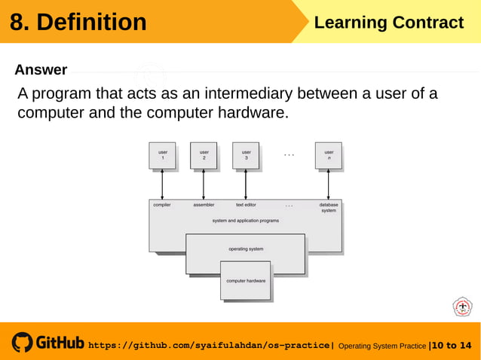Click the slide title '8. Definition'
point(78,23)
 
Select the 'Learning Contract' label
point(388,23)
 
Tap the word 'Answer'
point(41,70)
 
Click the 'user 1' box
point(162,155)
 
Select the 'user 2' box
point(204,155)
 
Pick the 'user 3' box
point(246,155)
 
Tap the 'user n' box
point(328,155)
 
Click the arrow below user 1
point(162,185)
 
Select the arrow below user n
point(328,185)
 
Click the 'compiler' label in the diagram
point(162,205)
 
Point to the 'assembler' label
point(204,205)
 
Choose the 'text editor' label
point(246,205)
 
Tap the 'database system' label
point(329,207)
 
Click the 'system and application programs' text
point(246,221)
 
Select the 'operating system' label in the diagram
point(246,249)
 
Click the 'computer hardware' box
point(246,280)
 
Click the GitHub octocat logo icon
point(22,343)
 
